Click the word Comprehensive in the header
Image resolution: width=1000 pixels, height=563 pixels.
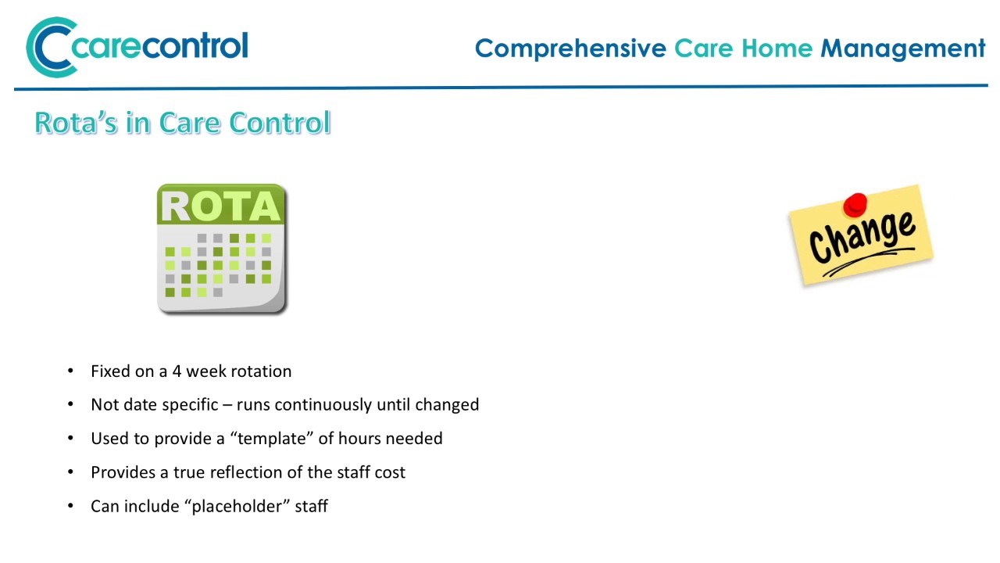coord(570,48)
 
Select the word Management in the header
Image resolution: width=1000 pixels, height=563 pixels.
coord(902,48)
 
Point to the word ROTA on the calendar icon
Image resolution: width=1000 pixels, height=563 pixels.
coord(221,206)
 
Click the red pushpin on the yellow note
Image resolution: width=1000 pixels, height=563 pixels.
coord(855,204)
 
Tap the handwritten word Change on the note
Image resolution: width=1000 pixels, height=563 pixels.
coord(861,236)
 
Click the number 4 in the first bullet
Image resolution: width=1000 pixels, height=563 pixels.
coord(177,371)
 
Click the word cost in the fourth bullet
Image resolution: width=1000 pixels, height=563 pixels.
coord(390,472)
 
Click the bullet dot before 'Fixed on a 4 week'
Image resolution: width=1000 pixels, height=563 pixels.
coord(71,371)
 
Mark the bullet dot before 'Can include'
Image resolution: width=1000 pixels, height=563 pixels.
coord(71,507)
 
